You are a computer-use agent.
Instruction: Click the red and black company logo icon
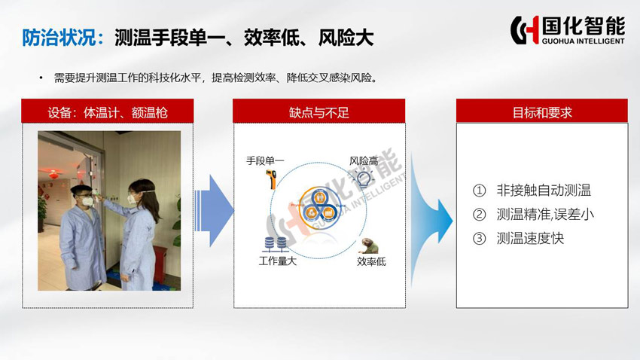[x=525, y=29]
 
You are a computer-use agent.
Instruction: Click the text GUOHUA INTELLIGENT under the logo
[x=584, y=41]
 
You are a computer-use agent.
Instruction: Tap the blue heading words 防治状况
[x=59, y=38]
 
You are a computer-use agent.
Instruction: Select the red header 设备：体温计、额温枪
[x=108, y=111]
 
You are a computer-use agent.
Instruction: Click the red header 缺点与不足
[x=318, y=111]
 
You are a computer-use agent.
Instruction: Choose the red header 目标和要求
[x=542, y=111]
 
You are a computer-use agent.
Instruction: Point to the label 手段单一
[x=265, y=161]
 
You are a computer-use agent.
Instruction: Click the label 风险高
[x=363, y=161]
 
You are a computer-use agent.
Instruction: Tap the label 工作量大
[x=278, y=261]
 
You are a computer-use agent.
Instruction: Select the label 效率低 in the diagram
[x=371, y=261]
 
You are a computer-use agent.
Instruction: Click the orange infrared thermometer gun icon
[x=271, y=179]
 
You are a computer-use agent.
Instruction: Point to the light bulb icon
[x=363, y=178]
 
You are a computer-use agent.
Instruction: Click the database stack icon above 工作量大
[x=276, y=244]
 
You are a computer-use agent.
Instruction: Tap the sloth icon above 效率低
[x=370, y=246]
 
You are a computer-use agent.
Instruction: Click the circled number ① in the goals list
[x=479, y=191]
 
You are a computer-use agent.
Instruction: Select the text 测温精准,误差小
[x=545, y=215]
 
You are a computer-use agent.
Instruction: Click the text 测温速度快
[x=530, y=238]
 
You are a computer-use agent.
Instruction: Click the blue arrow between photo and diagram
[x=215, y=211]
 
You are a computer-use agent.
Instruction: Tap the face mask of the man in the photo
[x=87, y=201]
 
